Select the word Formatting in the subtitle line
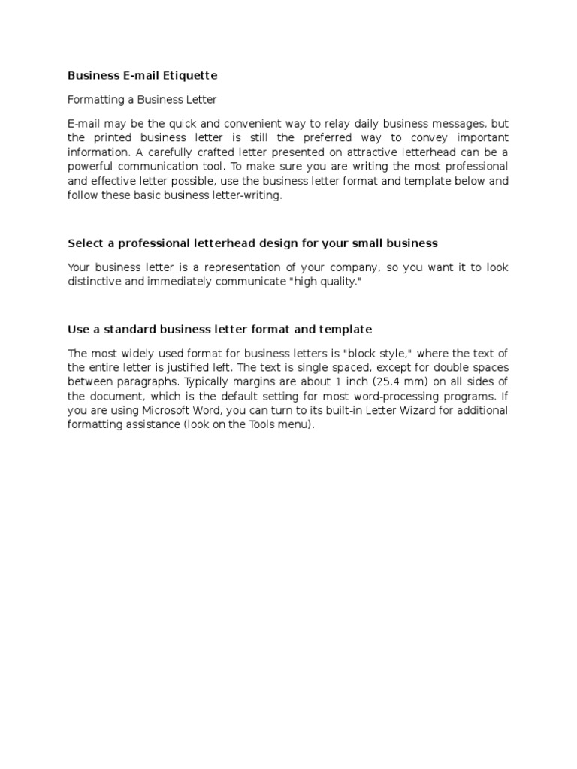[x=94, y=99]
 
